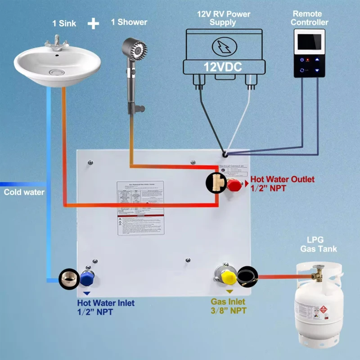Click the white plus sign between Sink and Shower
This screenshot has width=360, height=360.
point(93,23)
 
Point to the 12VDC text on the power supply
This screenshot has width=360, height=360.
point(223,67)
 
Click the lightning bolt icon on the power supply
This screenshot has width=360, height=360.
point(223,45)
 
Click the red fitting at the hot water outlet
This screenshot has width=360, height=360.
point(234,184)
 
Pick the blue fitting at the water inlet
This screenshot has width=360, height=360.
point(87,279)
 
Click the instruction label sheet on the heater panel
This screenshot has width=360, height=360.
point(141,207)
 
